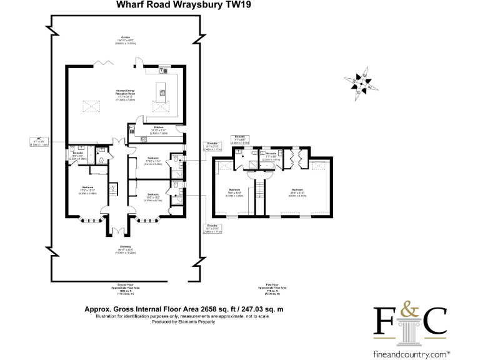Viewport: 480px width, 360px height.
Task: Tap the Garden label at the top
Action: [125, 39]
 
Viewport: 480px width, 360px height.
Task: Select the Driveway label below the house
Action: [125, 251]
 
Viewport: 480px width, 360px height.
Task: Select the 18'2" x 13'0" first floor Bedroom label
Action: [234, 192]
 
